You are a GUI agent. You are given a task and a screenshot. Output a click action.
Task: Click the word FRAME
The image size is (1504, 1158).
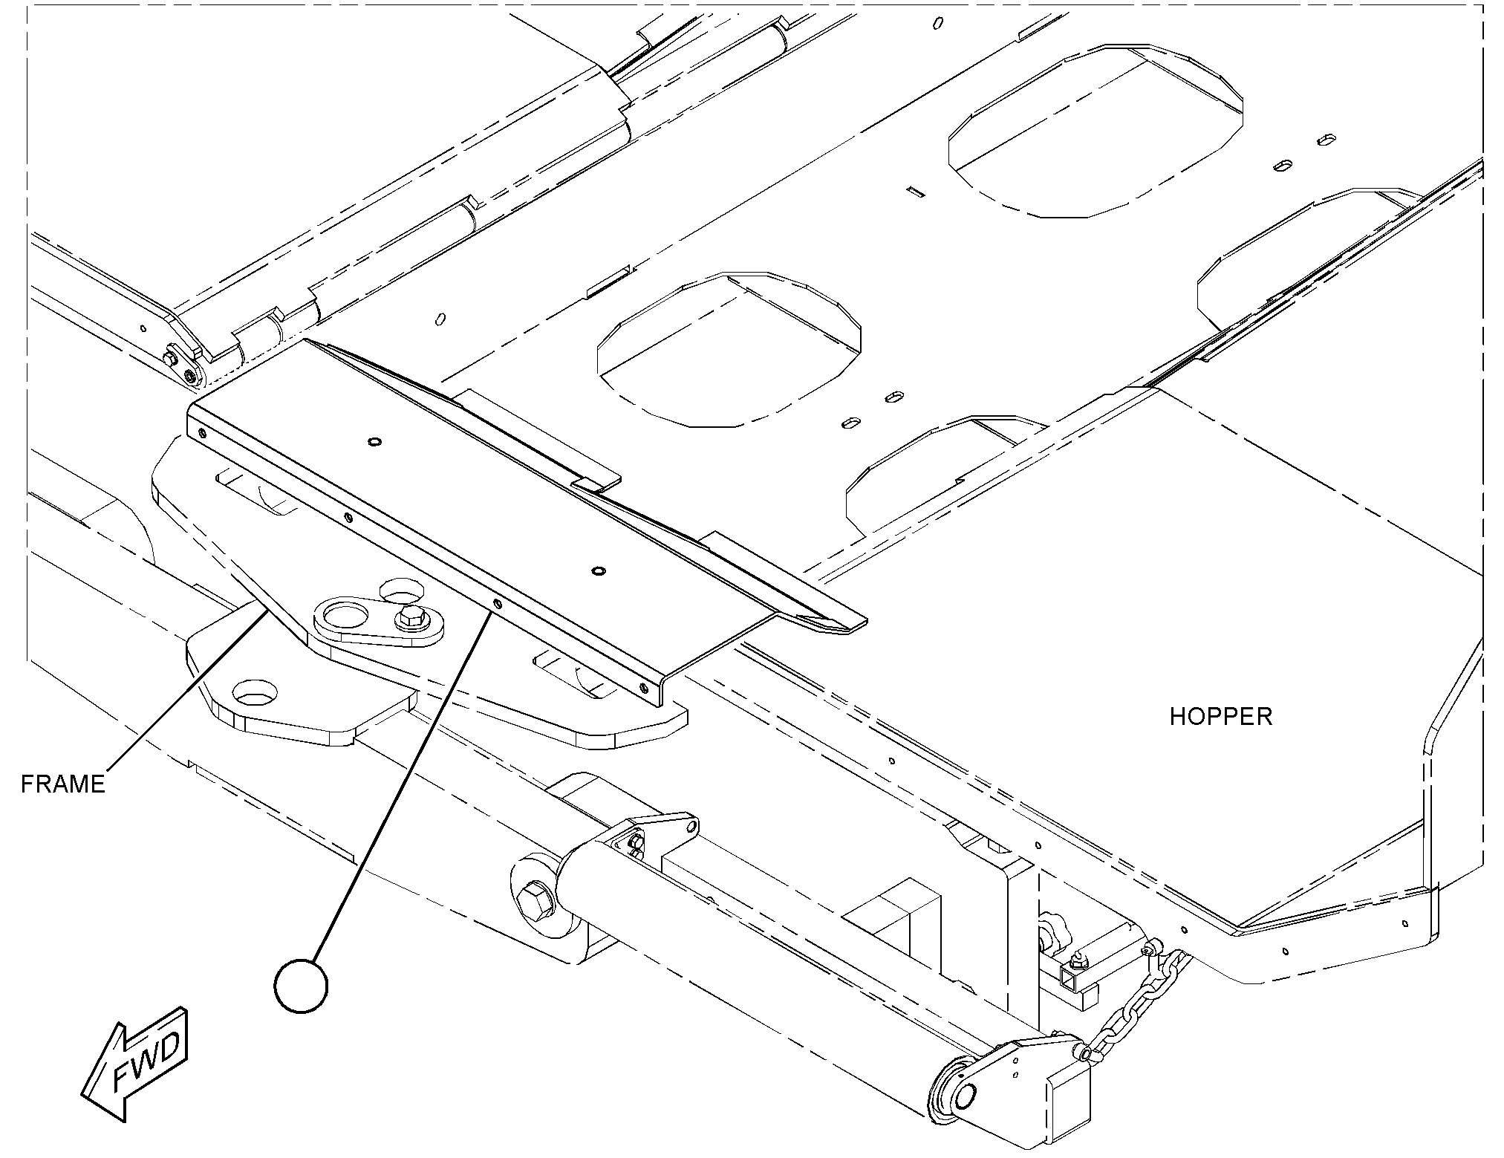63,784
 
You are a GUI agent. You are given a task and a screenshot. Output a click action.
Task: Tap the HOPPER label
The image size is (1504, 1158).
1221,717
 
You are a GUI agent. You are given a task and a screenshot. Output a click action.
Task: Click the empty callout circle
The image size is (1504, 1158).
301,986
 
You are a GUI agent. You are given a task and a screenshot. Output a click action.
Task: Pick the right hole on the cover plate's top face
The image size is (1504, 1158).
597,571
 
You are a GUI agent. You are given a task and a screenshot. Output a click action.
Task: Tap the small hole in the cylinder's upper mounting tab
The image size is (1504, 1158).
690,825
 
